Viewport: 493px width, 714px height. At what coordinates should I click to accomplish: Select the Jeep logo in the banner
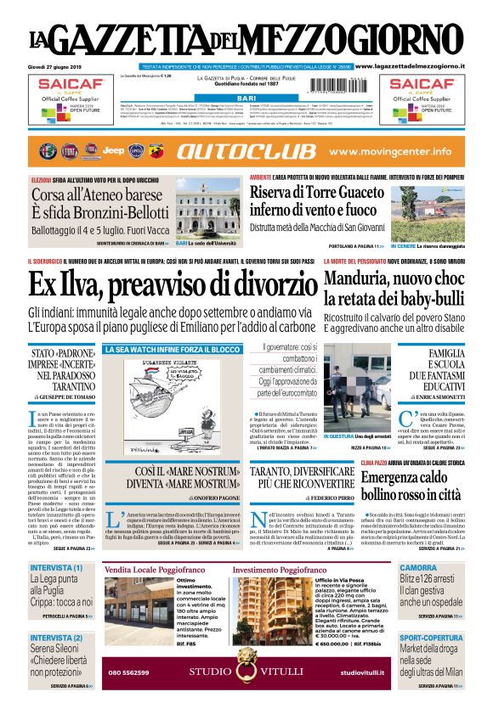coord(113,151)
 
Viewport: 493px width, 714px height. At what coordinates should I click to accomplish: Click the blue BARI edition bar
coord(246,99)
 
